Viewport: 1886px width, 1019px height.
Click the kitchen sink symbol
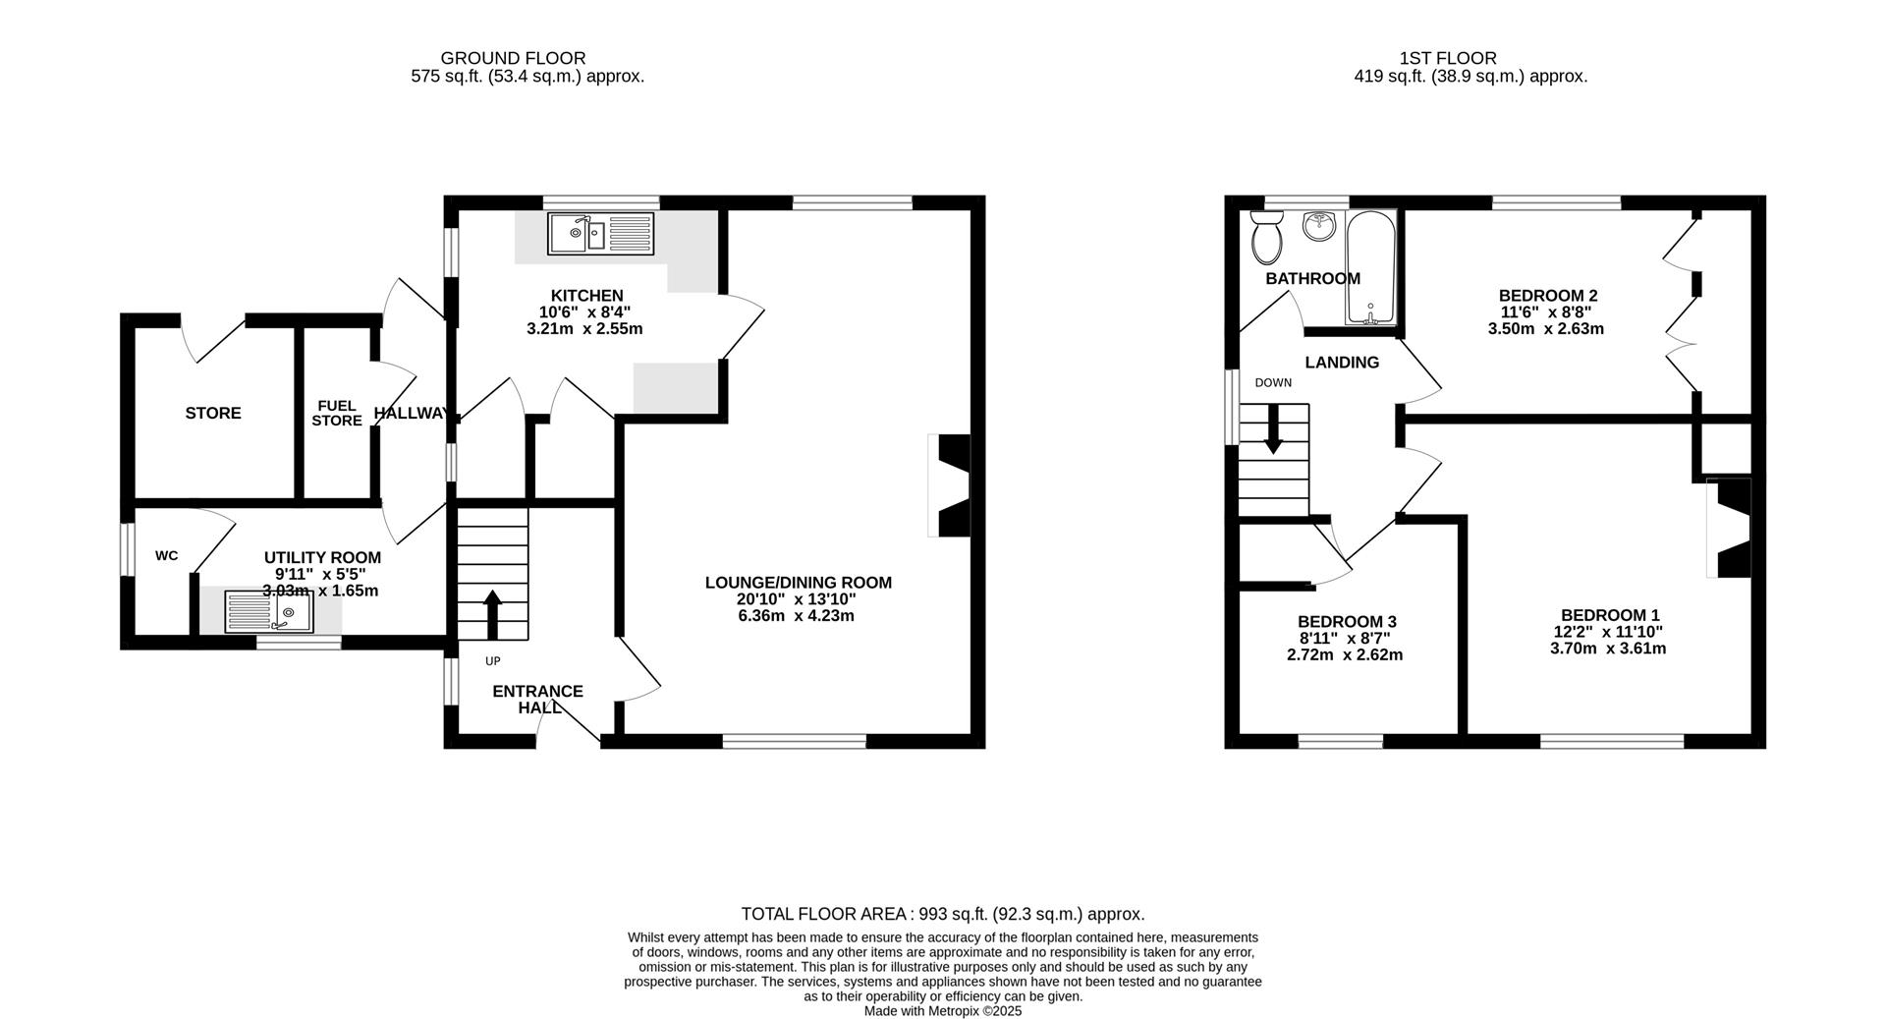coord(601,233)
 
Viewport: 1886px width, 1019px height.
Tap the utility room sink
coord(268,611)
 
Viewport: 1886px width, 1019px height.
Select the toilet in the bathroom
coord(1265,239)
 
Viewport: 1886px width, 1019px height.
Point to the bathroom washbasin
coord(1319,226)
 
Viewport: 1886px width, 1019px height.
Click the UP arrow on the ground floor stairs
coord(492,615)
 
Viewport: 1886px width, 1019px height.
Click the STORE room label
coord(213,413)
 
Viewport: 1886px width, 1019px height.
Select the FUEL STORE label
coord(337,413)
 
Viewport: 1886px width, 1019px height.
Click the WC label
coord(166,556)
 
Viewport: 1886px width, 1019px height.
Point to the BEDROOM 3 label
coord(1346,622)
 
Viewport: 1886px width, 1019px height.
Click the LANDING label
coord(1342,363)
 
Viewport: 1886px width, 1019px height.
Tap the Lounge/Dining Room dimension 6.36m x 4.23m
coord(798,616)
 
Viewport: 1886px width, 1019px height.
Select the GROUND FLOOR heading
coord(513,59)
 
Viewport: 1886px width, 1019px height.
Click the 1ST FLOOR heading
coord(1447,59)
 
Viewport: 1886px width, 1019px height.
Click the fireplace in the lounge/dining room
coord(951,485)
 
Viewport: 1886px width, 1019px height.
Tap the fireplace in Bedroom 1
coord(1731,528)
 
